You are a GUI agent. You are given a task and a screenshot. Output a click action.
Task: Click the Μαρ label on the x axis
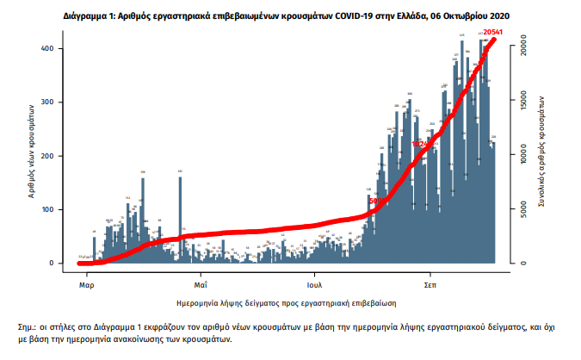click(x=86, y=282)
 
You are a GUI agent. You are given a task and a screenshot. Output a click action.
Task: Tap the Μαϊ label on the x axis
click(x=200, y=282)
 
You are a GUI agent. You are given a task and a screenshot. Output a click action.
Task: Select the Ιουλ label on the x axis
click(x=314, y=282)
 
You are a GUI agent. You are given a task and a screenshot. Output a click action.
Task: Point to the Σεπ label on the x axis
click(x=429, y=282)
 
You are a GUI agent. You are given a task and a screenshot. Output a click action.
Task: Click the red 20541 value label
click(x=494, y=32)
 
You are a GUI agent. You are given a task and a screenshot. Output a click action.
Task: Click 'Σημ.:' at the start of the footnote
click(x=28, y=329)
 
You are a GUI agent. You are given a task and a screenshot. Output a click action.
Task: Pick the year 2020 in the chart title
click(x=496, y=16)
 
